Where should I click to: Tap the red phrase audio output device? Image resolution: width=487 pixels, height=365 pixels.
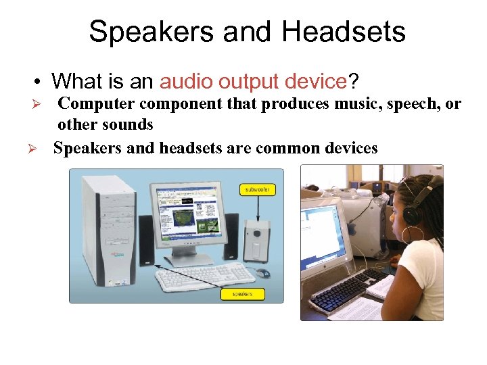click(253, 82)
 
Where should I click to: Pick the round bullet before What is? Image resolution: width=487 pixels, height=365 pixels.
click(40, 82)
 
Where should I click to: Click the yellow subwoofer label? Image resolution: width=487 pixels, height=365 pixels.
click(256, 190)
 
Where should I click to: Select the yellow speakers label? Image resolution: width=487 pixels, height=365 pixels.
click(243, 293)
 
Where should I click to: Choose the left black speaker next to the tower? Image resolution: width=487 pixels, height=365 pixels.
click(146, 240)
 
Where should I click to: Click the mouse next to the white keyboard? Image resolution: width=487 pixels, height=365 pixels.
click(262, 273)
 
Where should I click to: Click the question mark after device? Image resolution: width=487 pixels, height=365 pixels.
click(353, 82)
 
